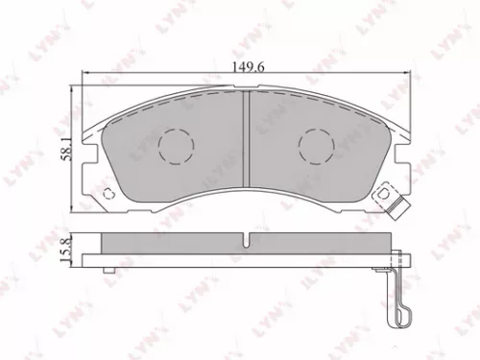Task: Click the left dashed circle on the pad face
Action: pos(175,145)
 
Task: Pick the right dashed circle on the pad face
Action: pos(317,145)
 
